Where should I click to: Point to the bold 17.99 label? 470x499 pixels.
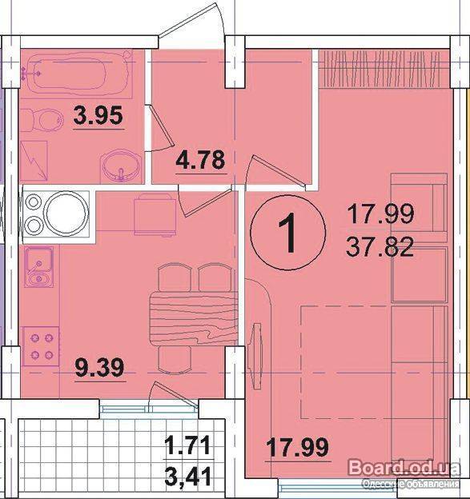pyautogui.click(x=297, y=446)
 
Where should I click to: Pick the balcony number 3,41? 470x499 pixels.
pyautogui.click(x=188, y=477)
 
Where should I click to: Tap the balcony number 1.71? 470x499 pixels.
pyautogui.click(x=188, y=445)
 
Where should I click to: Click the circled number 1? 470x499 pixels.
pyautogui.click(x=288, y=233)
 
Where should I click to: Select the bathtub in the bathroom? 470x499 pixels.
pyautogui.click(x=78, y=72)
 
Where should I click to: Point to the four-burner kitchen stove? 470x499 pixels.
pyautogui.click(x=41, y=346)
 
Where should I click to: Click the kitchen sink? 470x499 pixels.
pyautogui.click(x=39, y=268)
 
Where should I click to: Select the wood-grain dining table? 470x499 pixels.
pyautogui.click(x=194, y=318)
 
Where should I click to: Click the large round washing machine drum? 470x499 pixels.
pyautogui.click(x=66, y=213)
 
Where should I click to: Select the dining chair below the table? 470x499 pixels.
pyautogui.click(x=175, y=359)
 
